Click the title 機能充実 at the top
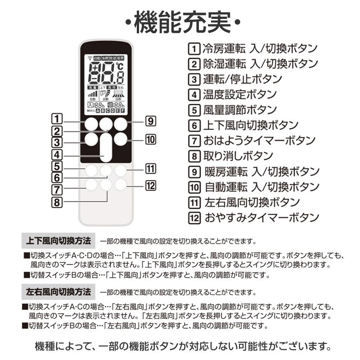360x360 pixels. (x=180, y=22)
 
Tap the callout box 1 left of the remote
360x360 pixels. (x=57, y=120)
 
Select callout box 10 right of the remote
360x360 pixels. (x=150, y=139)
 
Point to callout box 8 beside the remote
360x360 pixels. (x=57, y=202)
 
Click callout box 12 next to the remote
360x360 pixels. (x=150, y=184)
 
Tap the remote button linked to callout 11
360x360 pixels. (x=121, y=171)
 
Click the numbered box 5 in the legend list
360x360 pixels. (x=194, y=110)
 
